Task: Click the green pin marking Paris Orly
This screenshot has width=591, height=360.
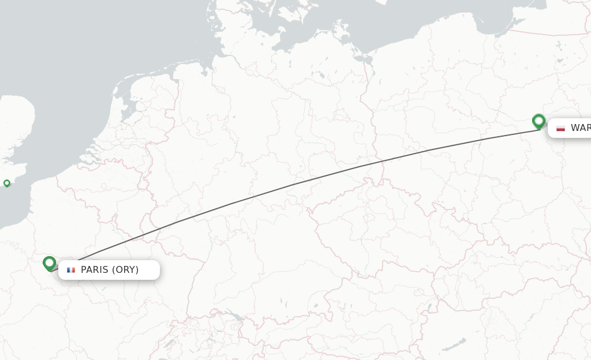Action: click(50, 264)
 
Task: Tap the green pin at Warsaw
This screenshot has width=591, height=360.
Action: click(538, 121)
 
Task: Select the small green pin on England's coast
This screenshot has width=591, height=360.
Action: click(7, 183)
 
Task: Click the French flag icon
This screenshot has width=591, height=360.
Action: click(71, 270)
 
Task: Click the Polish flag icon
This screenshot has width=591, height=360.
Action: click(560, 128)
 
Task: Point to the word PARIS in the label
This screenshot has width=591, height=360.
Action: click(95, 270)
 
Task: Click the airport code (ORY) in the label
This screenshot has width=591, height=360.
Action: click(125, 270)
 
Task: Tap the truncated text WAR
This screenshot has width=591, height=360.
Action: click(580, 128)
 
